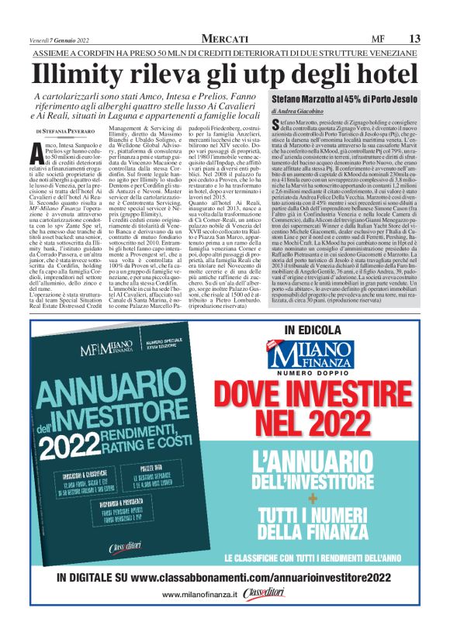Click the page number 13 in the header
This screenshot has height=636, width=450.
point(414,38)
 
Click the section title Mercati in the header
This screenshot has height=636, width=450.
point(224,38)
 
